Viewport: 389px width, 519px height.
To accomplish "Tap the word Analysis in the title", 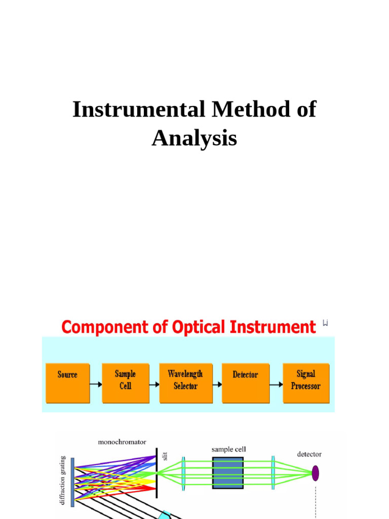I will click(194, 138).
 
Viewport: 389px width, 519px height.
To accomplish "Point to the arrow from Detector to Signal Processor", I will click(276, 384).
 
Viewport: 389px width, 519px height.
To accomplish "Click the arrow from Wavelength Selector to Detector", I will click(217, 384).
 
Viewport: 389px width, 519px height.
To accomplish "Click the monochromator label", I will click(122, 442).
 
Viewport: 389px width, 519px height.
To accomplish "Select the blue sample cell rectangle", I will click(228, 473).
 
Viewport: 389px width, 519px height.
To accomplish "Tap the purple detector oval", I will click(315, 473).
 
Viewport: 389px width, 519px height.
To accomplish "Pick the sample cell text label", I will click(229, 449).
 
